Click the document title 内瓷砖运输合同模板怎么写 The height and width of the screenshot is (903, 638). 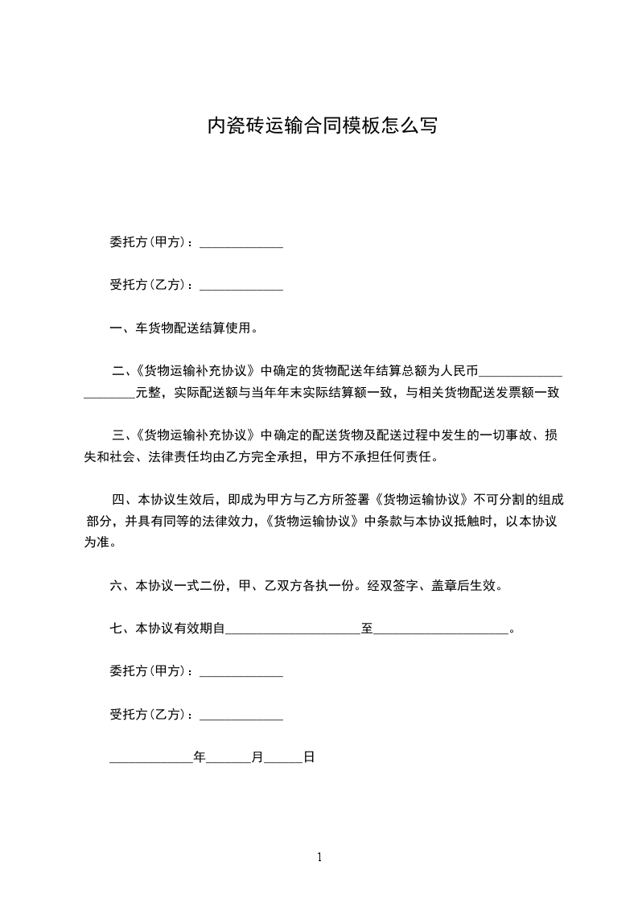pos(322,126)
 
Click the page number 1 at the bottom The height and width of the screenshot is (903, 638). pos(319,857)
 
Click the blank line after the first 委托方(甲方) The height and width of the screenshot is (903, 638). pos(241,242)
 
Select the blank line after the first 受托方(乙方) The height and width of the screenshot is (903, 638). pos(241,285)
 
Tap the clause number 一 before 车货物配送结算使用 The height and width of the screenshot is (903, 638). pos(116,328)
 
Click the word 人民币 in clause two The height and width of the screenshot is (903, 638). pos(459,371)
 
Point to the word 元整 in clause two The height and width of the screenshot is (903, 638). pos(148,394)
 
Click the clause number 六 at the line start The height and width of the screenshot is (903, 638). pos(116,586)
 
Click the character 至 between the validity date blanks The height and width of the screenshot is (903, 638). pos(366,629)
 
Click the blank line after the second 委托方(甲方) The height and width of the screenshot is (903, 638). pos(241,672)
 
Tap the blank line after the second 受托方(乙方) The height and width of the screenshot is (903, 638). pos(241,715)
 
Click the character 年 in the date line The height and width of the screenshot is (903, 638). pos(200,757)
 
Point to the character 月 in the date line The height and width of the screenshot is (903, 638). pos(257,757)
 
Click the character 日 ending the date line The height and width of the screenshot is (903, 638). pos(308,757)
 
